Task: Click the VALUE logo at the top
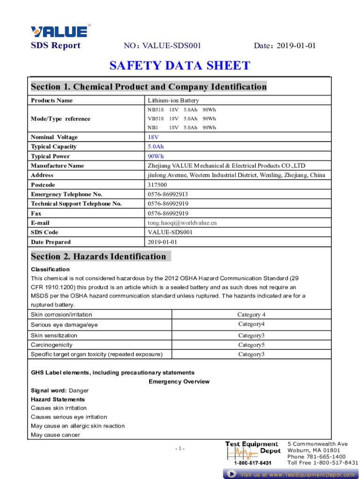tap(59, 31)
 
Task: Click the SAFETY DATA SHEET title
tap(180, 66)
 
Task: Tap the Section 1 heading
tap(149, 87)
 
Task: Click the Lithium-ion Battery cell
tap(173, 101)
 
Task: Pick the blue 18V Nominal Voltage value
tap(153, 137)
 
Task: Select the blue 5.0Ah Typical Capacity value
tap(156, 147)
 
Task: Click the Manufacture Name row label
tap(58, 166)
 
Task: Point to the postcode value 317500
tap(158, 185)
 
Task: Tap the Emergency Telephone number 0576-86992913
tap(168, 194)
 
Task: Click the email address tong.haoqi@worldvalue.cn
tap(182, 223)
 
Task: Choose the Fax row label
tap(36, 213)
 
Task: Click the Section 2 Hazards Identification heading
tap(99, 256)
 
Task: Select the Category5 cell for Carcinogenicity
tap(252, 345)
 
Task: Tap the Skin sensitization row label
tap(54, 335)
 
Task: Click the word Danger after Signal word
tap(79, 391)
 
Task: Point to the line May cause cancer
tap(56, 435)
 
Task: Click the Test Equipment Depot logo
tap(253, 453)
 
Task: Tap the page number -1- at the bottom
tap(180, 449)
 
